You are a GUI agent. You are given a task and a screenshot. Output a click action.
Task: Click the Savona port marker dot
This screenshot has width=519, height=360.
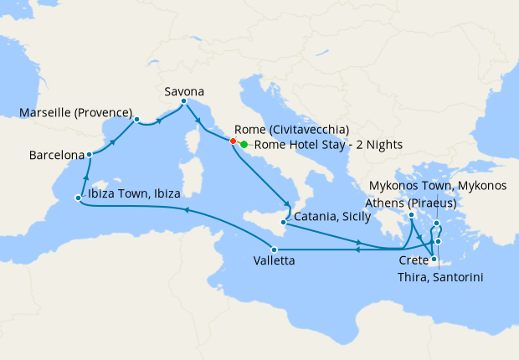point(183,101)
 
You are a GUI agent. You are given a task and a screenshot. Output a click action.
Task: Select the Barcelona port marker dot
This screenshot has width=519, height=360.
point(89,155)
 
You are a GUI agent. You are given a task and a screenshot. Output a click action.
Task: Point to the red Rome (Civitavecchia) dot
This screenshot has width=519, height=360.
point(233,141)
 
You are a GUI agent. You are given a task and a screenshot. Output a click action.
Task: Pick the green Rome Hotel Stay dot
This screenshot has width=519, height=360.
point(244,144)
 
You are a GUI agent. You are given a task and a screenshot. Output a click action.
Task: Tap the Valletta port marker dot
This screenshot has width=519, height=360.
point(274,249)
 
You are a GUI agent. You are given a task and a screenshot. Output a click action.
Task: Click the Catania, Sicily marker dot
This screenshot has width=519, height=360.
point(285,223)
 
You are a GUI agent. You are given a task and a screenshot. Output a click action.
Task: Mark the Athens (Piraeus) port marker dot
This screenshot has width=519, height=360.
point(411,216)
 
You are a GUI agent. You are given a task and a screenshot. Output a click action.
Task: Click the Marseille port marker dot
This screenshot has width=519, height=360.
point(136,120)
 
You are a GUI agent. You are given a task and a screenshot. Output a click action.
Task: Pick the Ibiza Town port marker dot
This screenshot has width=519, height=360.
point(78,198)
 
